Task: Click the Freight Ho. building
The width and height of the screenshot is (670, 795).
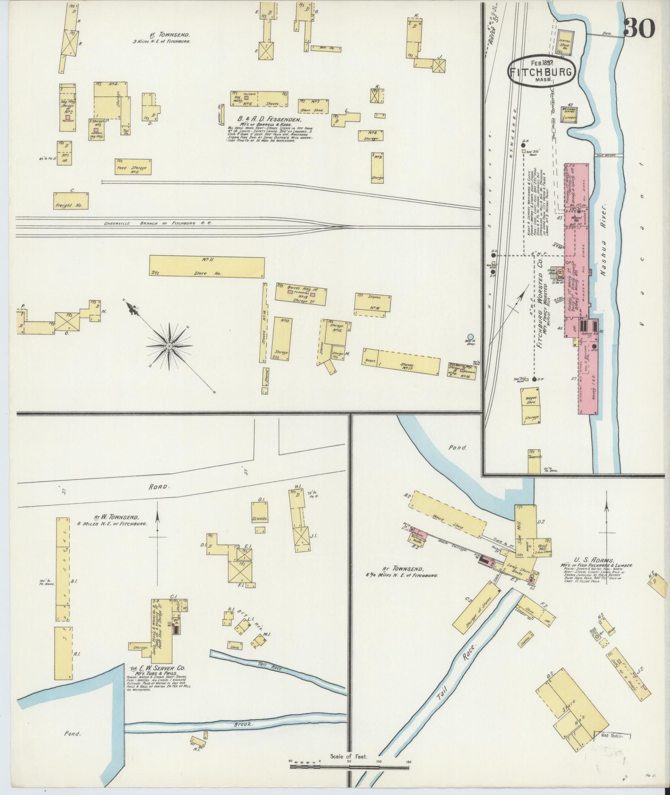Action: point(71,201)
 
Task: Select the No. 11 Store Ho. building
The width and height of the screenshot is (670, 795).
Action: point(207,266)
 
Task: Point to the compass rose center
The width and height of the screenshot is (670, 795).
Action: point(169,346)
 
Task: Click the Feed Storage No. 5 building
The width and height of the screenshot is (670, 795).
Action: point(133,167)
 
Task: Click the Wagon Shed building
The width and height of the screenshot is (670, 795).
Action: point(532,399)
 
